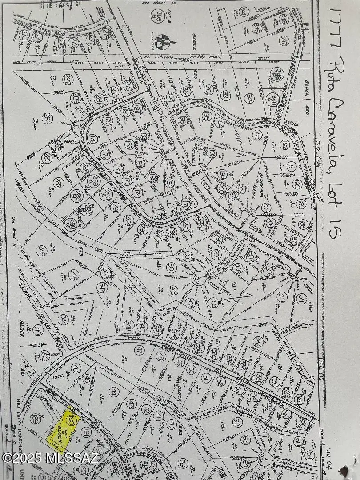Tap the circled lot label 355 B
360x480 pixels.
(156, 16)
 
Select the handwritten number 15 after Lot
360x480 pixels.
(336, 222)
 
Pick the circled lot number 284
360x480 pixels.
(48, 119)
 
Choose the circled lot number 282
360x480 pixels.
(68, 80)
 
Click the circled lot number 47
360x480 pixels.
(140, 351)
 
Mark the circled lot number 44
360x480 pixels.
(114, 392)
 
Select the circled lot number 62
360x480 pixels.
(236, 424)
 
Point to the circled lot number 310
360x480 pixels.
(281, 296)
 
